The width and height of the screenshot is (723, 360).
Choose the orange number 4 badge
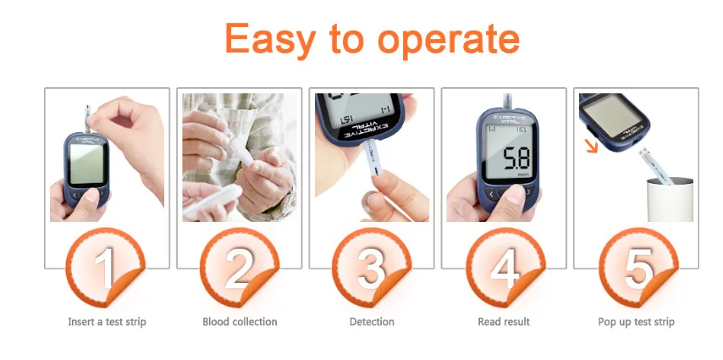point(505,268)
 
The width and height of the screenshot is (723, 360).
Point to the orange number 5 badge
point(637,268)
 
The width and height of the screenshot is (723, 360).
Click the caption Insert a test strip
point(107,322)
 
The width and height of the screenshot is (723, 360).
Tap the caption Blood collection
point(240,322)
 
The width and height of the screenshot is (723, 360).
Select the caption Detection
point(372,322)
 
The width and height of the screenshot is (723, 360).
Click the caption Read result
point(504,322)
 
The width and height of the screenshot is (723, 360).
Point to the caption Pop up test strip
point(637,322)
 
